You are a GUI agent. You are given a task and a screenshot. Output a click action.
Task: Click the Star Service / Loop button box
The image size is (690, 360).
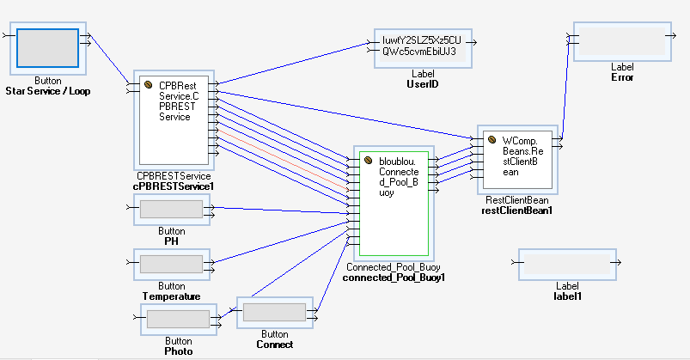tap(49, 47)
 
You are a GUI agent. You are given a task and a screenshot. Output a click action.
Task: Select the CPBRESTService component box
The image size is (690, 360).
tap(176, 120)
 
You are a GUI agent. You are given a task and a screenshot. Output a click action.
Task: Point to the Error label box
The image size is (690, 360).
tap(622, 42)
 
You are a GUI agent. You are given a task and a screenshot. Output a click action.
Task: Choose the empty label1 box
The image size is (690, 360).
tap(566, 262)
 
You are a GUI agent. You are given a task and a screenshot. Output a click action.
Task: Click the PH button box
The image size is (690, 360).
tap(171, 209)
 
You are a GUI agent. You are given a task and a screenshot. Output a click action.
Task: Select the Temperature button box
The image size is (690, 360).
tap(171, 264)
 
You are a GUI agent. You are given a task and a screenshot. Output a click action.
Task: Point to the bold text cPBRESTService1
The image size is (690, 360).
tap(173, 186)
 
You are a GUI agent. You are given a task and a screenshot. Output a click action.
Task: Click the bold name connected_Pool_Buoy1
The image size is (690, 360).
tap(394, 278)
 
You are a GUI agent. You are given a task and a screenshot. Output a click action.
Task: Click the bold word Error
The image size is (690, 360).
tap(621, 77)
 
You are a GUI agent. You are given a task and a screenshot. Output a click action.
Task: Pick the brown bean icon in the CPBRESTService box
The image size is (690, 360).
tap(148, 85)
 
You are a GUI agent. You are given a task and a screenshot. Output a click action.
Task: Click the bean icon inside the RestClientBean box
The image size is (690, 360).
tap(492, 138)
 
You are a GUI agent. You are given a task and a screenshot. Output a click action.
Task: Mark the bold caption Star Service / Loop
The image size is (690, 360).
tap(48, 90)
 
